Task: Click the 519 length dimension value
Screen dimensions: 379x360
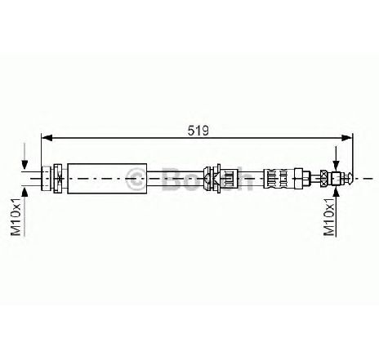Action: [198, 131]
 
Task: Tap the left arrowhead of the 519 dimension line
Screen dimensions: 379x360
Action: [47, 138]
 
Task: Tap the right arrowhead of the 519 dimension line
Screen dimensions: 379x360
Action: [347, 138]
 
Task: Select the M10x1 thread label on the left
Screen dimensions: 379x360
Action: [16, 216]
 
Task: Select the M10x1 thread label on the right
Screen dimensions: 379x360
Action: [329, 216]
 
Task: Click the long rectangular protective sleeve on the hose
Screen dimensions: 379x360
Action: [107, 179]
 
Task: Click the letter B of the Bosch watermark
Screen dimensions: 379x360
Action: [171, 179]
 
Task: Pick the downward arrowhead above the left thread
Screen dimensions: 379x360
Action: [25, 165]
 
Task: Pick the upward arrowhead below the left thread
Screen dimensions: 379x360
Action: [25, 192]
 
